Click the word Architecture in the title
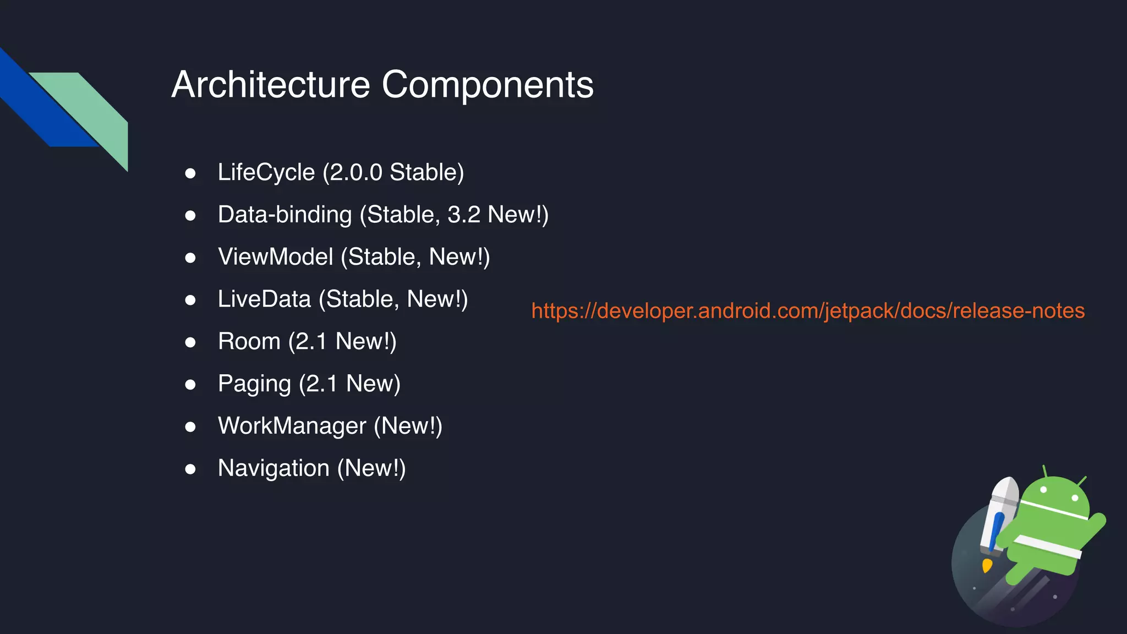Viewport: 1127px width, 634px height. [271, 85]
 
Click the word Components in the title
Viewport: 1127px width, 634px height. [488, 85]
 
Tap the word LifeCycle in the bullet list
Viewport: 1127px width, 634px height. [266, 173]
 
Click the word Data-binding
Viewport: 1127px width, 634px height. [285, 215]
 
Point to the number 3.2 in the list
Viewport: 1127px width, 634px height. [464, 215]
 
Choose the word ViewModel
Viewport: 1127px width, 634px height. [276, 257]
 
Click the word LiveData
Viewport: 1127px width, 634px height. [265, 299]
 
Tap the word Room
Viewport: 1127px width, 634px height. [249, 342]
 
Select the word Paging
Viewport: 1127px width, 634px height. [254, 384]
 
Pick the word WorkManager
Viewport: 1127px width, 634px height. [292, 426]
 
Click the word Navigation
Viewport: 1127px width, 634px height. [273, 468]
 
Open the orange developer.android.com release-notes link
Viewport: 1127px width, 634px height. [808, 311]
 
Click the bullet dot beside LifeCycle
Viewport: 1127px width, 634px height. [190, 173]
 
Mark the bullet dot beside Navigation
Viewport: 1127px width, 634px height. [190, 469]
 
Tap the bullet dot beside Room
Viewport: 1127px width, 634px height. [190, 342]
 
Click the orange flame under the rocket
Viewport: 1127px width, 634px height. [987, 565]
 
